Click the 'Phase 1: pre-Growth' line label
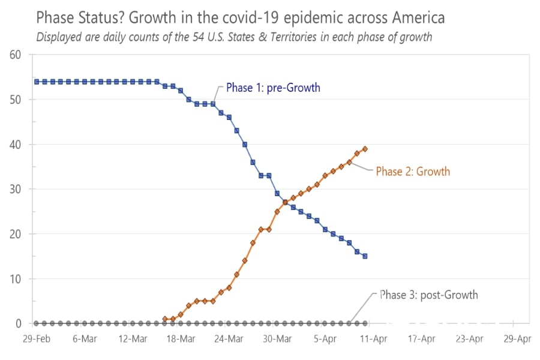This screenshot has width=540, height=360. pos(273,88)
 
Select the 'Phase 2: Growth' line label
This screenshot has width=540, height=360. pos(413,172)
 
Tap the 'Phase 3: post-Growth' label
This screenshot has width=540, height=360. pos(429,295)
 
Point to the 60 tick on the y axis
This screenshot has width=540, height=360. pos(15,55)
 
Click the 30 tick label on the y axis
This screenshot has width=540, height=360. pos(15,190)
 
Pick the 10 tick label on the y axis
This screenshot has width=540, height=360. pos(15,279)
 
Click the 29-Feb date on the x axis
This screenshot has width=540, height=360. pos(36,339)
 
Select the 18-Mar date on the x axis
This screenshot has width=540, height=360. pos(181,339)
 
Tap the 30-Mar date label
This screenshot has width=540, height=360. pos(277,339)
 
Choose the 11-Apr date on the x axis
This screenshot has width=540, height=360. pos(373,339)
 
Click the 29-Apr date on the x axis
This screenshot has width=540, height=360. pos(517,339)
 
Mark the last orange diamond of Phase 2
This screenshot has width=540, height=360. pos(365,149)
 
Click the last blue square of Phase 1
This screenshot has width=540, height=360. pos(365,256)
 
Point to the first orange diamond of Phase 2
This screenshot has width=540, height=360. pos(165,319)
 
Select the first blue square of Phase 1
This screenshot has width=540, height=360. pos(37,82)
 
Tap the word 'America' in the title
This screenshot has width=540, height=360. pos(412,17)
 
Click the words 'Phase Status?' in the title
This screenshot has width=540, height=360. pos(77,17)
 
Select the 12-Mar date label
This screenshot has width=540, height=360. pos(133,339)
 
